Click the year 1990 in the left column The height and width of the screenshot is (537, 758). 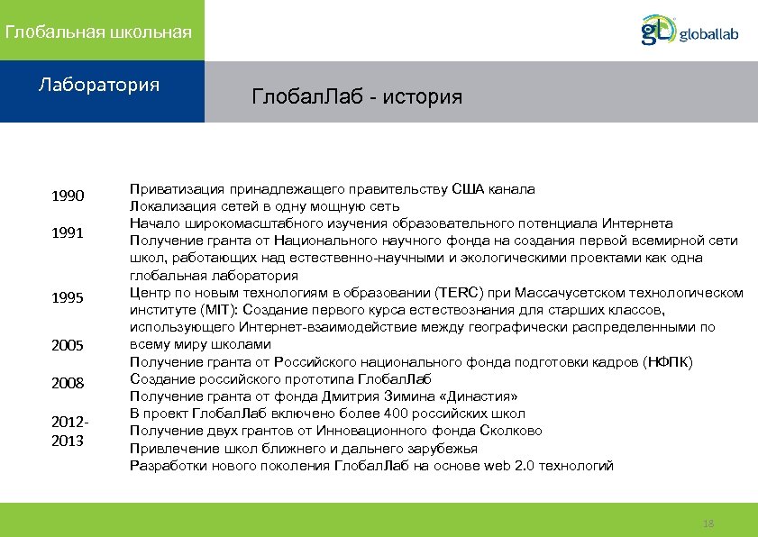pyautogui.click(x=68, y=196)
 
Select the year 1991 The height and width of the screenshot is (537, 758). pyautogui.click(x=68, y=234)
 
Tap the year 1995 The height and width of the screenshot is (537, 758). pyautogui.click(x=68, y=298)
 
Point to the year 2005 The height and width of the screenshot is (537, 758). pyautogui.click(x=68, y=346)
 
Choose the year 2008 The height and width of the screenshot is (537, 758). pyautogui.click(x=68, y=384)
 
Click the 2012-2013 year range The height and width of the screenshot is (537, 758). pyautogui.click(x=68, y=431)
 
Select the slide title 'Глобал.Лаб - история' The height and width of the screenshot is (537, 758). pyautogui.click(x=357, y=96)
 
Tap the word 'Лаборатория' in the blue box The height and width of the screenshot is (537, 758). pyautogui.click(x=99, y=86)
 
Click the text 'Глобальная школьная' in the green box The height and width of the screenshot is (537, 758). pyautogui.click(x=98, y=32)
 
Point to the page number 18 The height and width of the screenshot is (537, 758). pyautogui.click(x=708, y=523)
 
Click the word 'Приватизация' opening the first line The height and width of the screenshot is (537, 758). pyautogui.click(x=173, y=189)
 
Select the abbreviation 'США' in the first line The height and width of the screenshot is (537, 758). pyautogui.click(x=467, y=189)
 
